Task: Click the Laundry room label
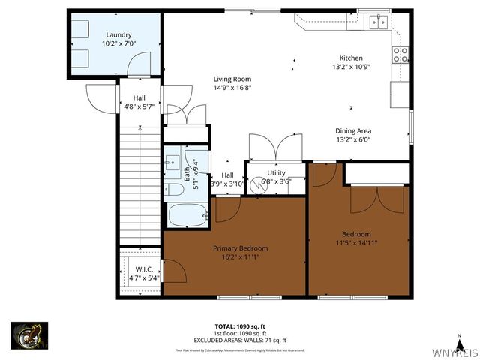[118, 34]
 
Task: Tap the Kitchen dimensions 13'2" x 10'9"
[351, 67]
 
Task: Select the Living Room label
[232, 79]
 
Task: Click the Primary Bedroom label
[240, 248]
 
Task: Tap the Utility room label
[276, 172]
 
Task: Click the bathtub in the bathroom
[187, 215]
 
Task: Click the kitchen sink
[377, 22]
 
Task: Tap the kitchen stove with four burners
[400, 54]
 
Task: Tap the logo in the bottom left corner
[29, 335]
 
